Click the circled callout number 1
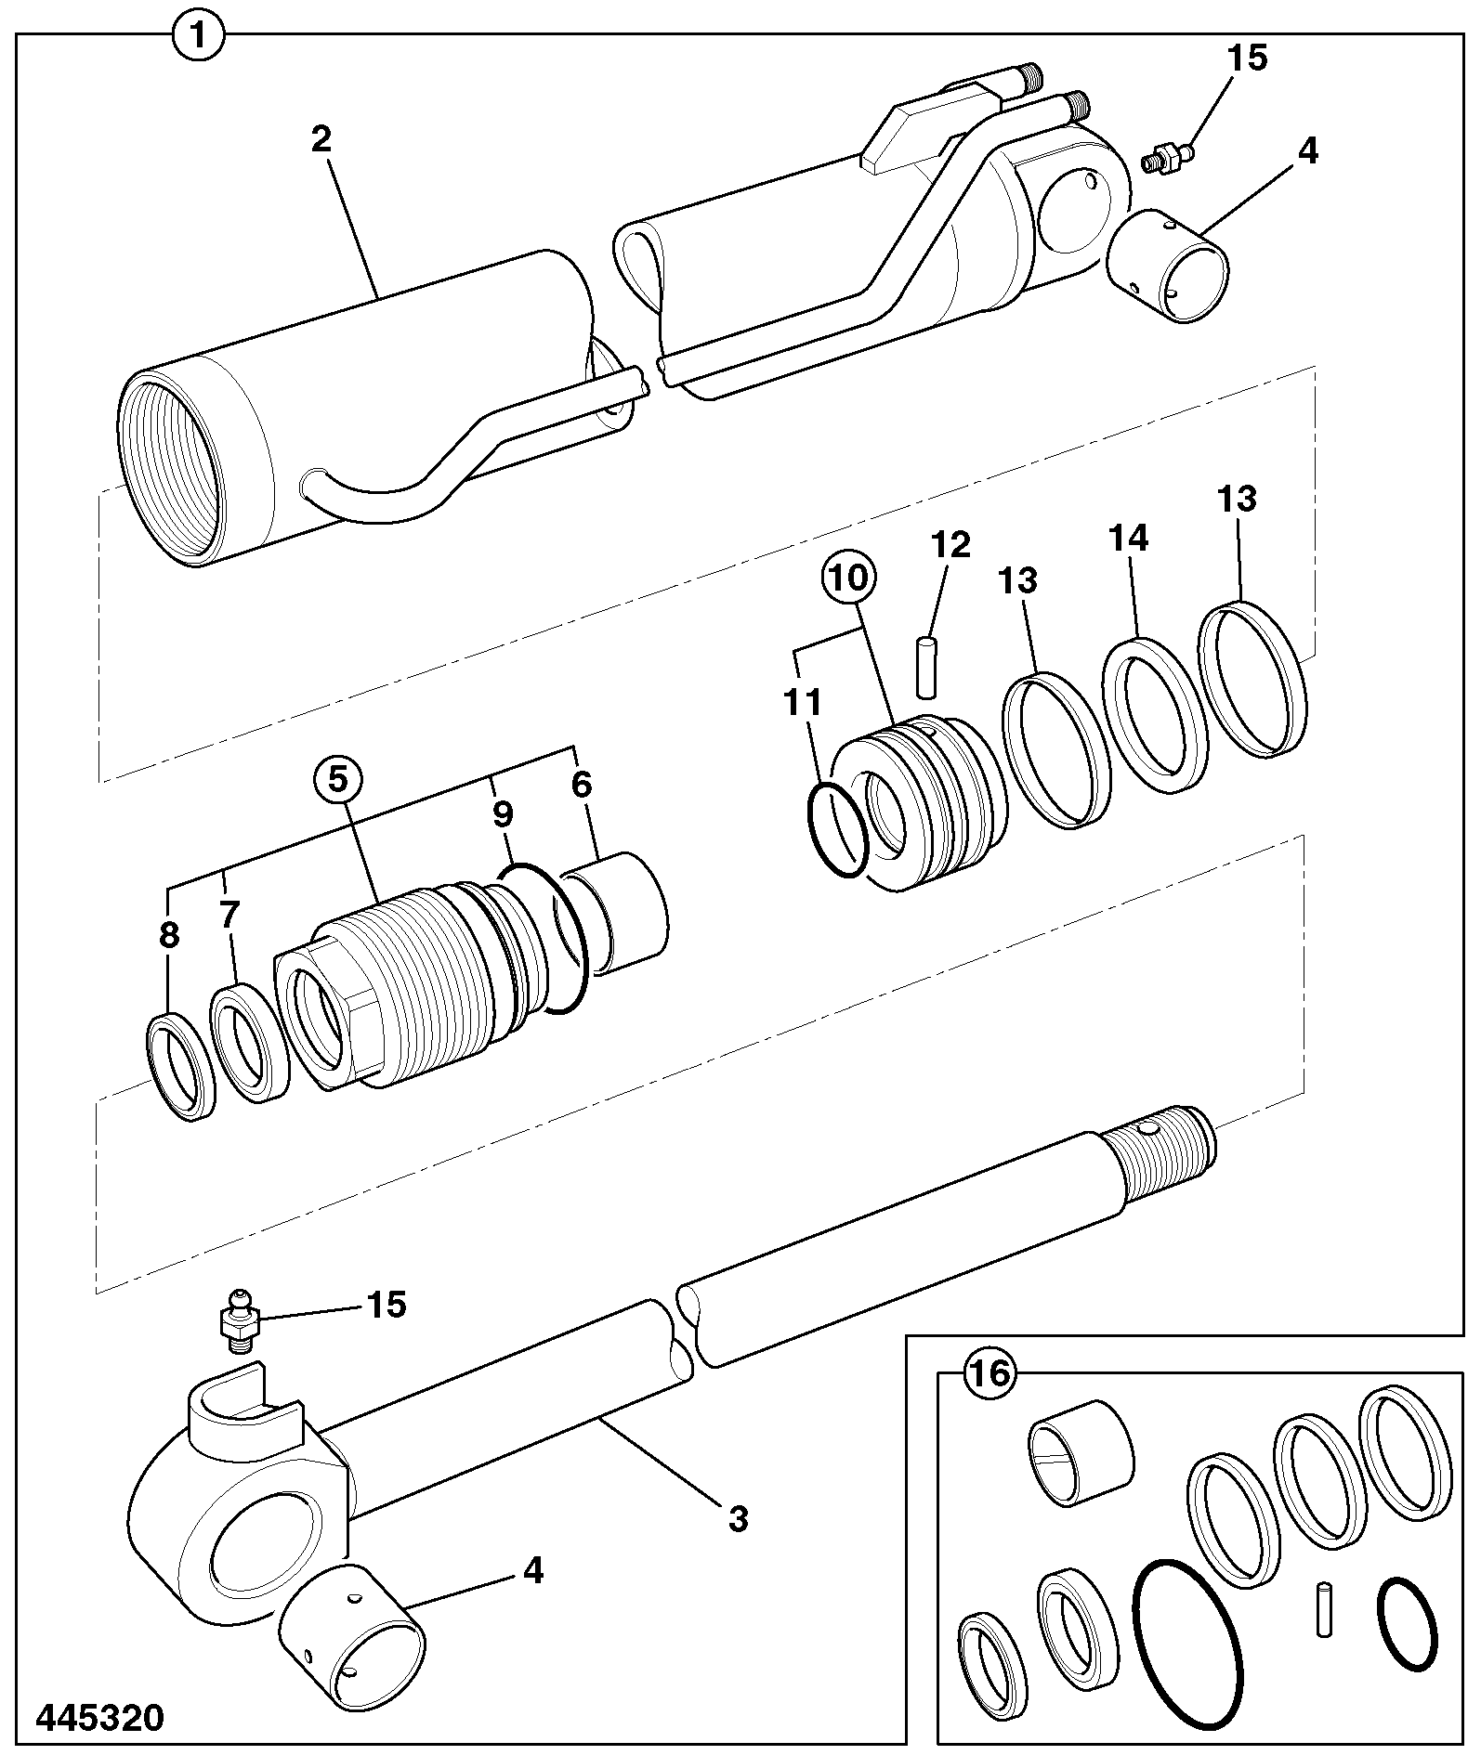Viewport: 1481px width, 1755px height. pyautogui.click(x=198, y=37)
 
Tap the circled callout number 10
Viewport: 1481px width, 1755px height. pyautogui.click(x=848, y=577)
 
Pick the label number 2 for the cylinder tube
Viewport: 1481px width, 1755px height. pyautogui.click(x=321, y=139)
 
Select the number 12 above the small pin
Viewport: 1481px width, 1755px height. pyautogui.click(x=950, y=544)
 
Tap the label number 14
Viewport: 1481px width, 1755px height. pyautogui.click(x=1127, y=539)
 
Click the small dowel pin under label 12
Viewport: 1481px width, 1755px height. pyautogui.click(x=926, y=665)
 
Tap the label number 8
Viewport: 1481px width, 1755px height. pyautogui.click(x=168, y=935)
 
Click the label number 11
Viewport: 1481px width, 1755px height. pyautogui.click(x=802, y=703)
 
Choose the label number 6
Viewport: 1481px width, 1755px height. pyautogui.click(x=582, y=785)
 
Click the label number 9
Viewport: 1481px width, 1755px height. pyautogui.click(x=502, y=814)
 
